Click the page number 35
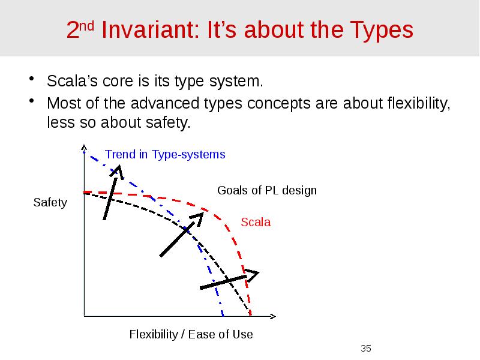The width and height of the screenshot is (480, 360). point(366,349)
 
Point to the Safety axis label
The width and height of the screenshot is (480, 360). point(50,203)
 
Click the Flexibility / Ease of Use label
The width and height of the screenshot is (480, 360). point(191,334)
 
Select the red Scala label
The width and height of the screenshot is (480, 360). point(256,223)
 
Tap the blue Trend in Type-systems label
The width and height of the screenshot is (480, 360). point(165,155)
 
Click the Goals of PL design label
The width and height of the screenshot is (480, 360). point(266,191)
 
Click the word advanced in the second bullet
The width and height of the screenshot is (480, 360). point(148,103)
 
